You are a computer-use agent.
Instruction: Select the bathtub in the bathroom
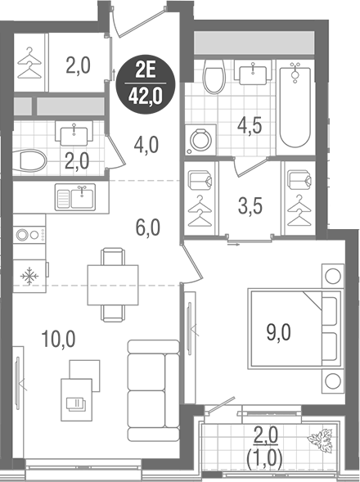coord(295,106)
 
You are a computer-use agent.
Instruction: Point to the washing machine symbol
coord(199,140)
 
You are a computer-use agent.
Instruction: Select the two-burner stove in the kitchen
coord(29,234)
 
